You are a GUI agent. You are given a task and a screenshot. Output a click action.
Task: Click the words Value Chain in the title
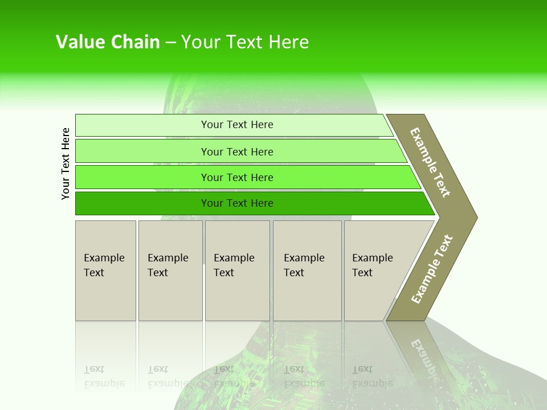pos(108,42)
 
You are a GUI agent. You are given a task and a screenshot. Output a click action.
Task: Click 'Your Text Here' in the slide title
pos(245,42)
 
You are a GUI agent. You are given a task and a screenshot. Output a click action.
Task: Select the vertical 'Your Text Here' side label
pos(66,163)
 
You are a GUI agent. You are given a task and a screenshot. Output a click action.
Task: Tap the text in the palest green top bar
pos(237,125)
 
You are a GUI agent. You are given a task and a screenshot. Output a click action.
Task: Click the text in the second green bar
pos(237,151)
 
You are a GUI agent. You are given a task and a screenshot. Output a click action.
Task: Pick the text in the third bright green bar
pos(237,178)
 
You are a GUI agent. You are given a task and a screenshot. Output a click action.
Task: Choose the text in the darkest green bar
pos(237,203)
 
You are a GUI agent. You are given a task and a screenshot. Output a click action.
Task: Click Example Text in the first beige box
pos(104,265)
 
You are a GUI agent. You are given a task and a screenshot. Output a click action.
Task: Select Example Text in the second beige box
pos(168,265)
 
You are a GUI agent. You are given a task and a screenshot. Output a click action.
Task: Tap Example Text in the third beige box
pos(234,265)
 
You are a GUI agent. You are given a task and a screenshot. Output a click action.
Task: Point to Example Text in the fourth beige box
pos(304,265)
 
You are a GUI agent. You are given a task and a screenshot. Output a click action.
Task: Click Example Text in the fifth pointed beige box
pos(372,265)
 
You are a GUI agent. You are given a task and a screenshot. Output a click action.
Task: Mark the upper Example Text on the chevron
pos(430,162)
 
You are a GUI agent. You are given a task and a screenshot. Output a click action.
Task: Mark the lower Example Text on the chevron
pos(432,269)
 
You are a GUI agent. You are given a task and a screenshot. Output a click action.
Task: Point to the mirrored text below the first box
pos(104,377)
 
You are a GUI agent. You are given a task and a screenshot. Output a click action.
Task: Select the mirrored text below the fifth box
pos(372,377)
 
